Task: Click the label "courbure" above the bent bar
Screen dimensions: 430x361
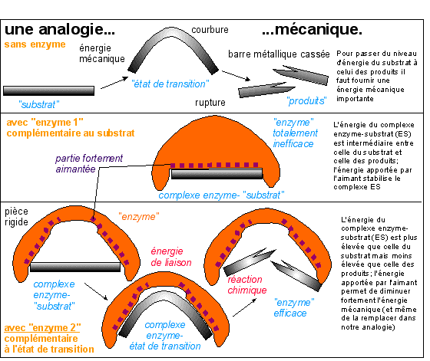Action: pyautogui.click(x=210, y=30)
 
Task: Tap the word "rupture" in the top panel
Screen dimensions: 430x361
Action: pyautogui.click(x=210, y=103)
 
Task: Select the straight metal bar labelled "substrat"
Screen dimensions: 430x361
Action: pyautogui.click(x=49, y=91)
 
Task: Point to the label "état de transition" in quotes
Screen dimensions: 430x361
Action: pyautogui.click(x=170, y=84)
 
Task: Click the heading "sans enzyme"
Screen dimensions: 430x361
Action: pyautogui.click(x=35, y=44)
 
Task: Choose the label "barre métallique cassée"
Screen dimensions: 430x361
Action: pyautogui.click(x=279, y=54)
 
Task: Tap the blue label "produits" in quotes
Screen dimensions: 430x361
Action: pyautogui.click(x=306, y=101)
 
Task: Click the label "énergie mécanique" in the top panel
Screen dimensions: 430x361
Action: pyautogui.click(x=102, y=54)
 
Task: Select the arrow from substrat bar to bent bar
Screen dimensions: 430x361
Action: pyautogui.click(x=114, y=83)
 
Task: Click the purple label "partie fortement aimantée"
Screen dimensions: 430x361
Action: pyautogui.click(x=89, y=163)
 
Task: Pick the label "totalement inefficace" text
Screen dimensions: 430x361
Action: pyautogui.click(x=295, y=138)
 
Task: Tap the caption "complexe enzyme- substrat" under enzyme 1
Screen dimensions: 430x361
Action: pyautogui.click(x=221, y=195)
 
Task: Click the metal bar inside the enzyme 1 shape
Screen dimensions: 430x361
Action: pyautogui.click(x=217, y=174)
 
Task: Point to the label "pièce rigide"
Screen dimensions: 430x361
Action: pyautogui.click(x=16, y=216)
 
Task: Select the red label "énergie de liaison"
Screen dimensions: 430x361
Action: pyautogui.click(x=171, y=257)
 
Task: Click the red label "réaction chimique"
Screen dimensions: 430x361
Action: pyautogui.click(x=247, y=284)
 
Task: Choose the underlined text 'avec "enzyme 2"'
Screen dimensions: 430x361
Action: pyautogui.click(x=42, y=327)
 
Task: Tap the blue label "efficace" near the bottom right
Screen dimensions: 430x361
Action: pyautogui.click(x=290, y=313)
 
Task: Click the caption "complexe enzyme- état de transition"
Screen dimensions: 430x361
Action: pyautogui.click(x=165, y=336)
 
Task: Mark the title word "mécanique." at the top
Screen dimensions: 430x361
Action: pyautogui.click(x=312, y=29)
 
